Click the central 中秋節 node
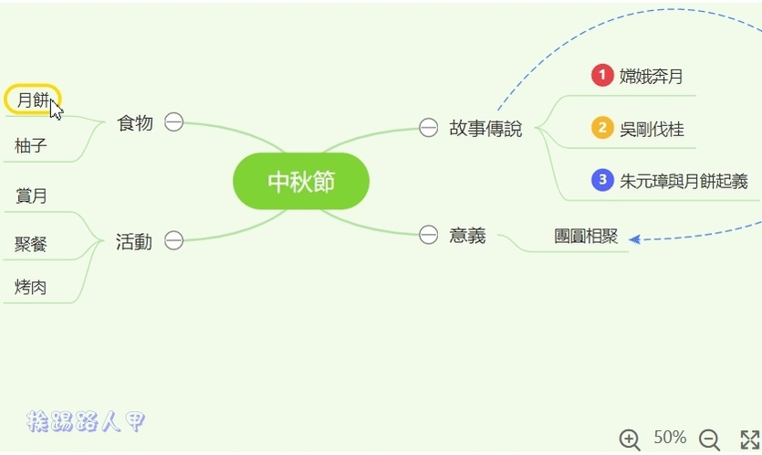pyautogui.click(x=301, y=181)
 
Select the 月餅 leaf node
pyautogui.click(x=32, y=100)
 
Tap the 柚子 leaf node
pyautogui.click(x=31, y=145)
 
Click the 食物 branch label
pyautogui.click(x=135, y=122)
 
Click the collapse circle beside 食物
pyautogui.click(x=173, y=122)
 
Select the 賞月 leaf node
pyautogui.click(x=31, y=196)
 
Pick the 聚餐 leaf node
pyautogui.click(x=31, y=244)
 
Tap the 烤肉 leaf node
pyautogui.click(x=31, y=287)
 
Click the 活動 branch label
pyautogui.click(x=134, y=241)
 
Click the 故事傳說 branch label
pyautogui.click(x=485, y=128)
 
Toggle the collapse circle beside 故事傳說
pyautogui.click(x=428, y=128)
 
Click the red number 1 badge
pyautogui.click(x=601, y=76)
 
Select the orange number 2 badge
pyautogui.click(x=601, y=128)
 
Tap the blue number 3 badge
pyautogui.click(x=601, y=180)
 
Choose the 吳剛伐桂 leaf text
pyautogui.click(x=652, y=129)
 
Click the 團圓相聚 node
pyautogui.click(x=586, y=237)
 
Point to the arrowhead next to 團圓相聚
pyautogui.click(x=634, y=239)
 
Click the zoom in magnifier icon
pyautogui.click(x=630, y=439)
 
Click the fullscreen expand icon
pyautogui.click(x=749, y=439)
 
